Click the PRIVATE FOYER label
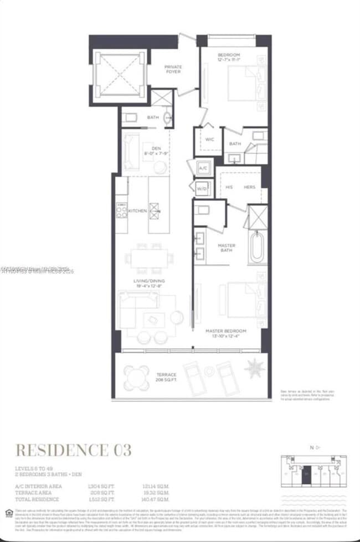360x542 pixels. coord(173,70)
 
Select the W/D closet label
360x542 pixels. coord(201,188)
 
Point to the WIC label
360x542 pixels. coord(209,140)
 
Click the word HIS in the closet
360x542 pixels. coord(229,187)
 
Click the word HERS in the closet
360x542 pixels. coord(249,187)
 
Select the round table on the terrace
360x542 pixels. coord(136,378)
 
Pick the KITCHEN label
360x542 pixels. coord(137,211)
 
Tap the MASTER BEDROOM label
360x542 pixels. coord(225,331)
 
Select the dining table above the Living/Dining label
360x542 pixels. coord(148,258)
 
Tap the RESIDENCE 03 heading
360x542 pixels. coord(73,450)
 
